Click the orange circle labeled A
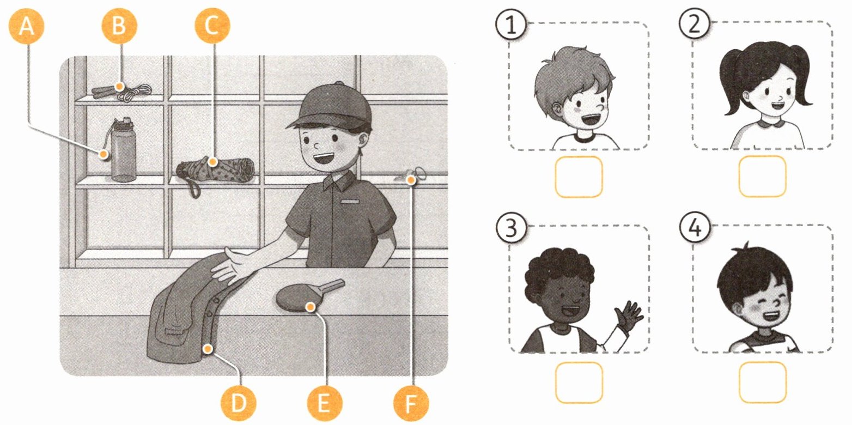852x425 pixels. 26,26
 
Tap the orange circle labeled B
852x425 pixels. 119,26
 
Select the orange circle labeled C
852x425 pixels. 212,26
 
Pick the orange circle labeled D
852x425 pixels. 239,403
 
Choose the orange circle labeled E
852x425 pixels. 324,403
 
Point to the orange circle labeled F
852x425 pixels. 411,403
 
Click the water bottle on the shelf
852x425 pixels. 121,149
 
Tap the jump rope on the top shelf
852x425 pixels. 121,92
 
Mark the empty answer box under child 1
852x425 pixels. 579,177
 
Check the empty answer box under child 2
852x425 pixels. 762,177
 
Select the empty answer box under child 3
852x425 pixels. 579,382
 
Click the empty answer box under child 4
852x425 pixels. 762,382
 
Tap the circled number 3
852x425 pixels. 511,228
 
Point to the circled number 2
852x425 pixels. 695,24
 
